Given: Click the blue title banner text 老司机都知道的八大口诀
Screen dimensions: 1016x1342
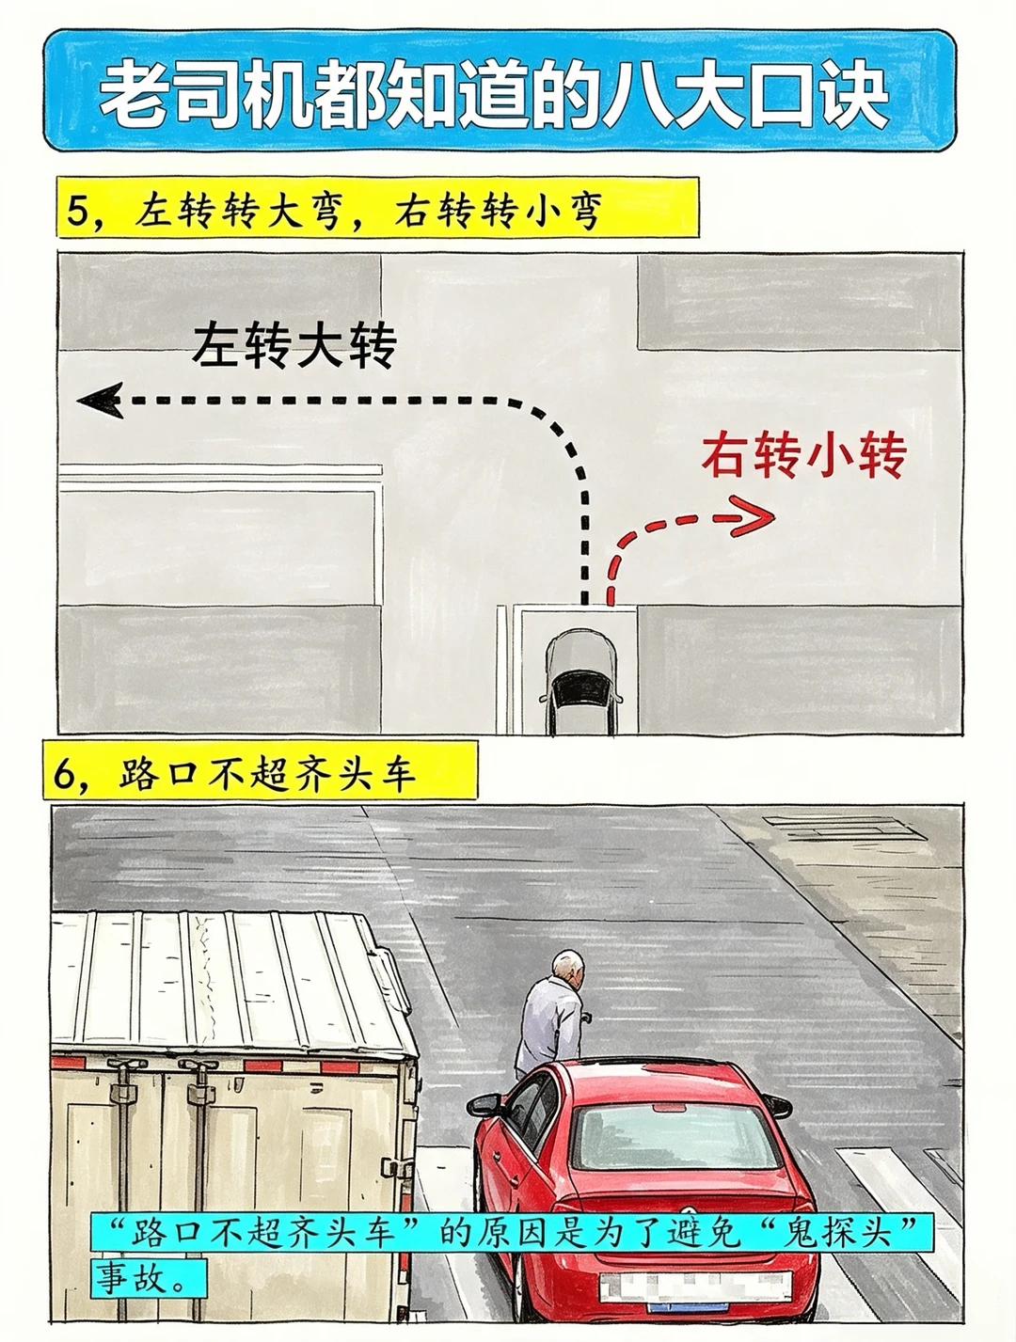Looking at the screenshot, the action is click(494, 93).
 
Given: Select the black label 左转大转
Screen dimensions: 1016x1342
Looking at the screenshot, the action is click(294, 346).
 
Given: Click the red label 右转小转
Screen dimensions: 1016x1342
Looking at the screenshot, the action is click(803, 455).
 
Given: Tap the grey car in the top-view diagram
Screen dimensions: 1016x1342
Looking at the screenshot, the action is click(580, 681).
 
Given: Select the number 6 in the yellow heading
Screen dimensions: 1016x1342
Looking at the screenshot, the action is click(64, 774).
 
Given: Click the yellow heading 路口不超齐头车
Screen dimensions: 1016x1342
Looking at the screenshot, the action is click(268, 774).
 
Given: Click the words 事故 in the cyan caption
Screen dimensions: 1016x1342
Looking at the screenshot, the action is click(131, 1277).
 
